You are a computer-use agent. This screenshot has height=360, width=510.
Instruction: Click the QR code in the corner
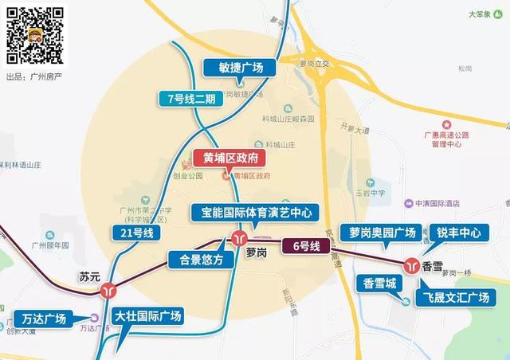pyautogui.click(x=36, y=36)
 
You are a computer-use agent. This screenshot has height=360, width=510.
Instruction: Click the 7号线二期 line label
pyautogui.click(x=186, y=99)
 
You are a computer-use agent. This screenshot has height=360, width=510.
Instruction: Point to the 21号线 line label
pyautogui.click(x=137, y=233)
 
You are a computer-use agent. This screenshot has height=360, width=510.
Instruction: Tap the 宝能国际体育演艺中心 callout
pyautogui.click(x=255, y=213)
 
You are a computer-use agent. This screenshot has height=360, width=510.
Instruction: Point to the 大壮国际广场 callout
pyautogui.click(x=148, y=316)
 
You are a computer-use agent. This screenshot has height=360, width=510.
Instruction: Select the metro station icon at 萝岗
pyautogui.click(x=240, y=237)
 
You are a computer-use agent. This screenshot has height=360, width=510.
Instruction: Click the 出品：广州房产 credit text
pyautogui.click(x=34, y=76)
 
